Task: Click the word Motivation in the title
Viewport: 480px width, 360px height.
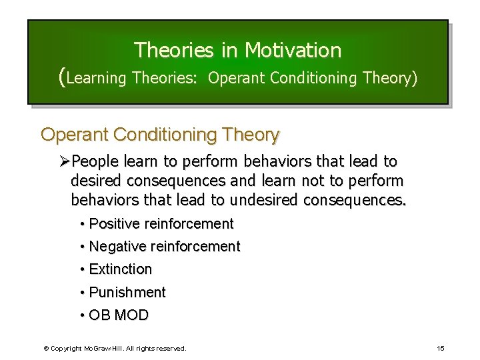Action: tap(293, 50)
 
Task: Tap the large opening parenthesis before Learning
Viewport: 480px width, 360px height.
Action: tap(63, 77)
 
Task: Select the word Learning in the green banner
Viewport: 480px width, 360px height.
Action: tap(97, 79)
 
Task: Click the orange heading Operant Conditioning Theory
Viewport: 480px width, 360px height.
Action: tap(160, 135)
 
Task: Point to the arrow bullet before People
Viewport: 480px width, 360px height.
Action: tap(65, 162)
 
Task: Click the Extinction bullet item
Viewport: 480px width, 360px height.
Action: tap(120, 269)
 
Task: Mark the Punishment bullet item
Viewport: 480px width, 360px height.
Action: tap(127, 292)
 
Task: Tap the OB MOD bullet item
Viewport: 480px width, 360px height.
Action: tap(119, 315)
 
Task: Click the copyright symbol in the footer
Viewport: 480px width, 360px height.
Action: tap(46, 349)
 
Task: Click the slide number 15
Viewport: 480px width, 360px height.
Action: tap(441, 349)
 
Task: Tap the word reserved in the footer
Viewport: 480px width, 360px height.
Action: tap(172, 349)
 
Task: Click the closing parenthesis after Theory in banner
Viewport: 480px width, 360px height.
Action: tap(415, 79)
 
